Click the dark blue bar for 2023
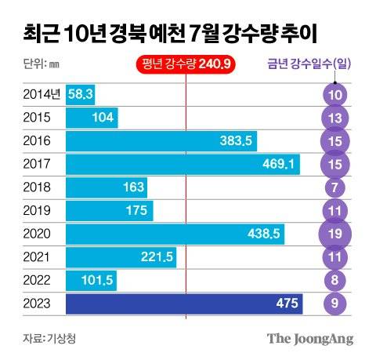(184, 304)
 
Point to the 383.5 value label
(235, 141)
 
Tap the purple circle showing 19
(335, 234)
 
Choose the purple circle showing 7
(335, 187)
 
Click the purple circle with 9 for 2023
(335, 304)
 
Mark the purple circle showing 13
(335, 118)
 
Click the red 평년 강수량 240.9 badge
(186, 64)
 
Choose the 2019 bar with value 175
(110, 211)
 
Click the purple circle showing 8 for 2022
(335, 281)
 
